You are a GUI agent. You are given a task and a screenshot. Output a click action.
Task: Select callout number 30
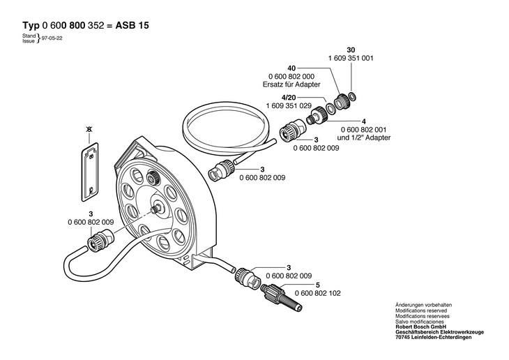351,51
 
